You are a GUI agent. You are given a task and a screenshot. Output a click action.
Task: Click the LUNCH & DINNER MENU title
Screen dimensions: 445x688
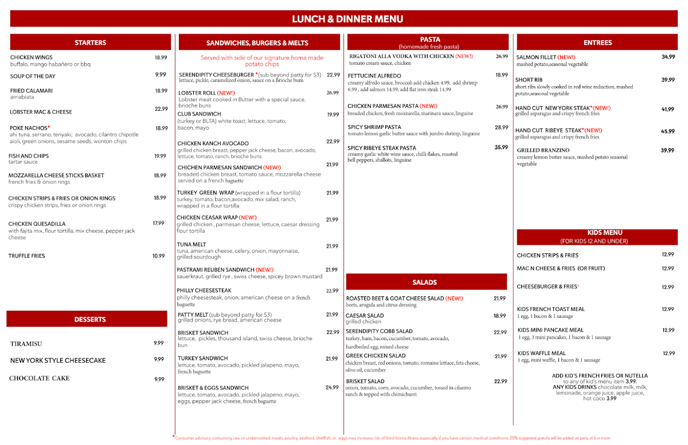pyautogui.click(x=347, y=19)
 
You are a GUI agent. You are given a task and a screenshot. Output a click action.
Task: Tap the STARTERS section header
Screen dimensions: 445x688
pyautogui.click(x=90, y=42)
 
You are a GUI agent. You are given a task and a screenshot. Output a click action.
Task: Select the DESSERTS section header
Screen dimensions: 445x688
pyautogui.click(x=90, y=319)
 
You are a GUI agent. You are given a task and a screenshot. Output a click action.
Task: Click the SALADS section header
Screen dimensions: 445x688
pyautogui.click(x=425, y=282)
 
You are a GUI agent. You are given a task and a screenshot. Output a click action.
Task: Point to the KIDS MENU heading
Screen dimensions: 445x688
pyautogui.click(x=597, y=233)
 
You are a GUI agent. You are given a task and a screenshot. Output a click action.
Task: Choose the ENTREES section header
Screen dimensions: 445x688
pyautogui.click(x=597, y=42)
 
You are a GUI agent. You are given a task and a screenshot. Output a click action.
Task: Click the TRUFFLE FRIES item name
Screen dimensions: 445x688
pyautogui.click(x=28, y=256)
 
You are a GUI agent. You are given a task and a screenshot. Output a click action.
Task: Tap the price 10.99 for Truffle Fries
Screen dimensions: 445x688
pyautogui.click(x=159, y=256)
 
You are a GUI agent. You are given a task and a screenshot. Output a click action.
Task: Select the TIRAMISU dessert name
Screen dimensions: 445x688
pyautogui.click(x=26, y=344)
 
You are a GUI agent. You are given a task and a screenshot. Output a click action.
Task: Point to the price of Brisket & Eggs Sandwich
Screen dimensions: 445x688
pyautogui.click(x=332, y=387)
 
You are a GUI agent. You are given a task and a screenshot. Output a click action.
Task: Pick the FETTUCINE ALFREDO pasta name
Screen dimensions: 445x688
pyautogui.click(x=374, y=75)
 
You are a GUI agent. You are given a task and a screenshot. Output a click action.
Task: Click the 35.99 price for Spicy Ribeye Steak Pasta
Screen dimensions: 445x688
pyautogui.click(x=502, y=147)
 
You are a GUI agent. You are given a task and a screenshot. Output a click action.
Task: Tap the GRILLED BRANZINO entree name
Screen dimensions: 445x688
pyautogui.click(x=543, y=150)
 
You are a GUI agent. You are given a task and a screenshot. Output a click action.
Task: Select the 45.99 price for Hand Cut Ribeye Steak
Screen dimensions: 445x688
pyautogui.click(x=667, y=131)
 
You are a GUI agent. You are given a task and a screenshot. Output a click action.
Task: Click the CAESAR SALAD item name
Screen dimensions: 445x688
pyautogui.click(x=365, y=315)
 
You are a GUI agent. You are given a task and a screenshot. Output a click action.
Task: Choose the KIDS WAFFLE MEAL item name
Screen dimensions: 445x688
pyautogui.click(x=541, y=353)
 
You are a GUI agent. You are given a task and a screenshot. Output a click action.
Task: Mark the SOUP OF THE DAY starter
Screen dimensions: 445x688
pyautogui.click(x=33, y=76)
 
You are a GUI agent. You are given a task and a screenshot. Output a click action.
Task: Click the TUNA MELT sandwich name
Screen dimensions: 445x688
pyautogui.click(x=191, y=244)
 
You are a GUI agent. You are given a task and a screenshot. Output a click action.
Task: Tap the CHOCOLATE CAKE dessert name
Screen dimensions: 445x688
pyautogui.click(x=39, y=378)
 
